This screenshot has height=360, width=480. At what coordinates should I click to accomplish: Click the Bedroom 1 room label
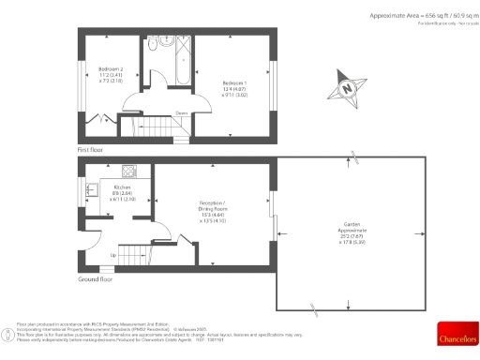pyautogui.click(x=234, y=85)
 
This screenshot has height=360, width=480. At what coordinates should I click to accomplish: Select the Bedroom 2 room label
pyautogui.click(x=111, y=74)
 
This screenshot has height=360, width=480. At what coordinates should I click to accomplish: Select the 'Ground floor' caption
pyautogui.click(x=96, y=279)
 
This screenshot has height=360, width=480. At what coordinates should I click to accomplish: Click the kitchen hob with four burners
pyautogui.click(x=128, y=171)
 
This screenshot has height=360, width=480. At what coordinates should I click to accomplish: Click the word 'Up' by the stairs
pyautogui.click(x=113, y=255)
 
